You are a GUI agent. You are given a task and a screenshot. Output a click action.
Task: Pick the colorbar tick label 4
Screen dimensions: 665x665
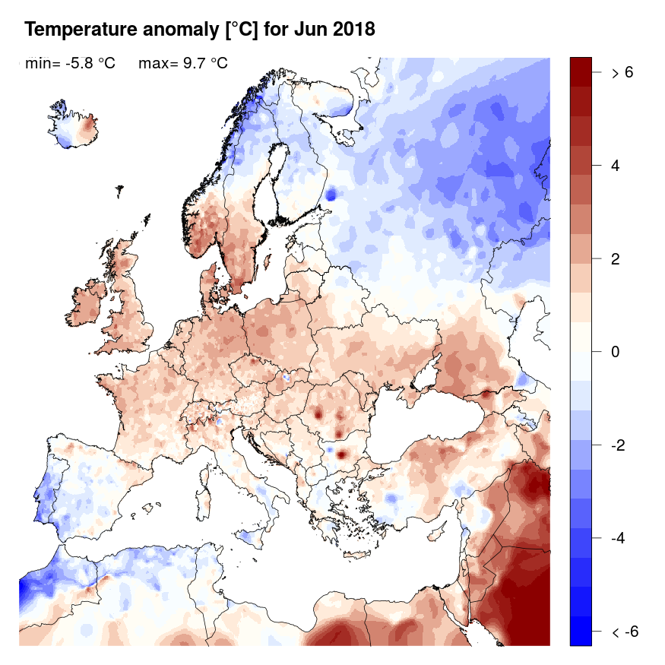click(616, 166)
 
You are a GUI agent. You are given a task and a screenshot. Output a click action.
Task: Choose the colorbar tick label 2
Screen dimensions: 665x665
click(616, 258)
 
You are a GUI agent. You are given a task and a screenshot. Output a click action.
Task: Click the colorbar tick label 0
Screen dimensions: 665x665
click(616, 352)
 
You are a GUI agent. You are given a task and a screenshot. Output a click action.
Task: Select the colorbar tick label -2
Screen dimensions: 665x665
click(619, 445)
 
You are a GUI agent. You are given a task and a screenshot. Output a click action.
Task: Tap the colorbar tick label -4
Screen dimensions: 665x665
click(619, 538)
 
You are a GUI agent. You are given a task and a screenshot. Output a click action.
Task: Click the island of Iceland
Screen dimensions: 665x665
click(77, 128)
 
